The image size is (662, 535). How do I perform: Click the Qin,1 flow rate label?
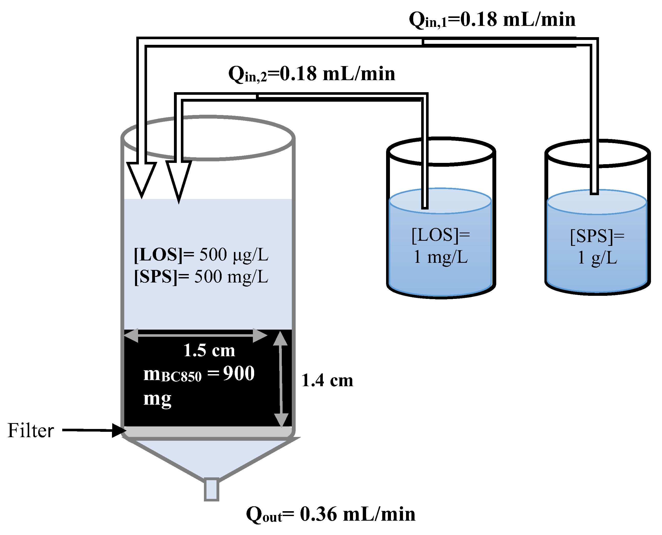[x=492, y=20]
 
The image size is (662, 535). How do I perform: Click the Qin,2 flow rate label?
[x=312, y=74]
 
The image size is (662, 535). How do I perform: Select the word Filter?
[x=30, y=431]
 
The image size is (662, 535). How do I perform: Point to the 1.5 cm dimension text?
[x=209, y=350]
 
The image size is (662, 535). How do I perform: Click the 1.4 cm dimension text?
[x=327, y=380]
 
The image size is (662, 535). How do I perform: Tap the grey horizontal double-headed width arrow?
[x=195, y=335]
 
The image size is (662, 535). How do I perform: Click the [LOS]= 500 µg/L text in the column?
[x=201, y=255]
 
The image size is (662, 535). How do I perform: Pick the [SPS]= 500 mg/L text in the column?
[x=201, y=276]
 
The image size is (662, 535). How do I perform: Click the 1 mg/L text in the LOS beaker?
[x=441, y=257]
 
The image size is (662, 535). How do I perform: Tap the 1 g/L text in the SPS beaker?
[x=597, y=258]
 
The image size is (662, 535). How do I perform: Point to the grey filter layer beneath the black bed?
[x=208, y=432]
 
